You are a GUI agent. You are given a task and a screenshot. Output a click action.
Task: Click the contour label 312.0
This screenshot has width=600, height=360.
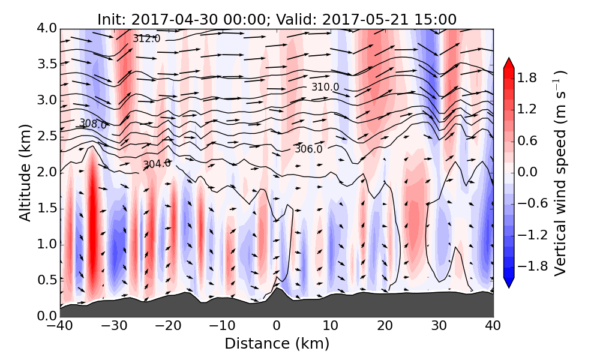pyautogui.click(x=146, y=38)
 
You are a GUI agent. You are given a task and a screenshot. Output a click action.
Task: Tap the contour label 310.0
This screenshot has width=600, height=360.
pyautogui.click(x=325, y=87)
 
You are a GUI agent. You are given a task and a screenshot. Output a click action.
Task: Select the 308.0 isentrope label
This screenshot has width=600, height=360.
pyautogui.click(x=93, y=124)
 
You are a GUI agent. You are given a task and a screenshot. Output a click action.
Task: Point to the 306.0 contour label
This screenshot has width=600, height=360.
pyautogui.click(x=308, y=149)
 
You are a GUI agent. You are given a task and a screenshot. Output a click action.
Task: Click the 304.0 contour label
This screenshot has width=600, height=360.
pyautogui.click(x=157, y=164)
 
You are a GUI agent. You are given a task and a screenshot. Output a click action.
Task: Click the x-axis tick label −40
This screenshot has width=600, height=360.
pyautogui.click(x=61, y=327)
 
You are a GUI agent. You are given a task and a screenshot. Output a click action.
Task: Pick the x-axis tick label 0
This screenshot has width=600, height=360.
pyautogui.click(x=277, y=327)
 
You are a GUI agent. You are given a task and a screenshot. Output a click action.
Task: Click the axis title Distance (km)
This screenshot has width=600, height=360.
pyautogui.click(x=277, y=344)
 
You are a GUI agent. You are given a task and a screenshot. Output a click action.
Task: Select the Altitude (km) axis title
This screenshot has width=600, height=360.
pyautogui.click(x=25, y=172)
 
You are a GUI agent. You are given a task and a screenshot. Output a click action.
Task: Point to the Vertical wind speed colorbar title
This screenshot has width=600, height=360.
pyautogui.click(x=560, y=172)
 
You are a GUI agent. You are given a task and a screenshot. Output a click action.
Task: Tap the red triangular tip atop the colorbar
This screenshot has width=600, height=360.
pyautogui.click(x=508, y=63)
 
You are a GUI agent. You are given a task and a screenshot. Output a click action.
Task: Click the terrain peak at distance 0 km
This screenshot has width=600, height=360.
pyautogui.click(x=277, y=289)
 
